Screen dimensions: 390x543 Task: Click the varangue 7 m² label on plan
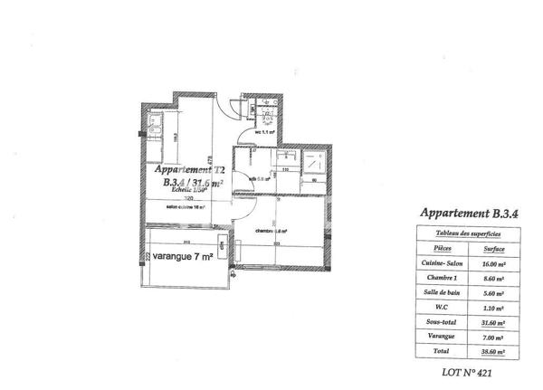pyautogui.click(x=183, y=256)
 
